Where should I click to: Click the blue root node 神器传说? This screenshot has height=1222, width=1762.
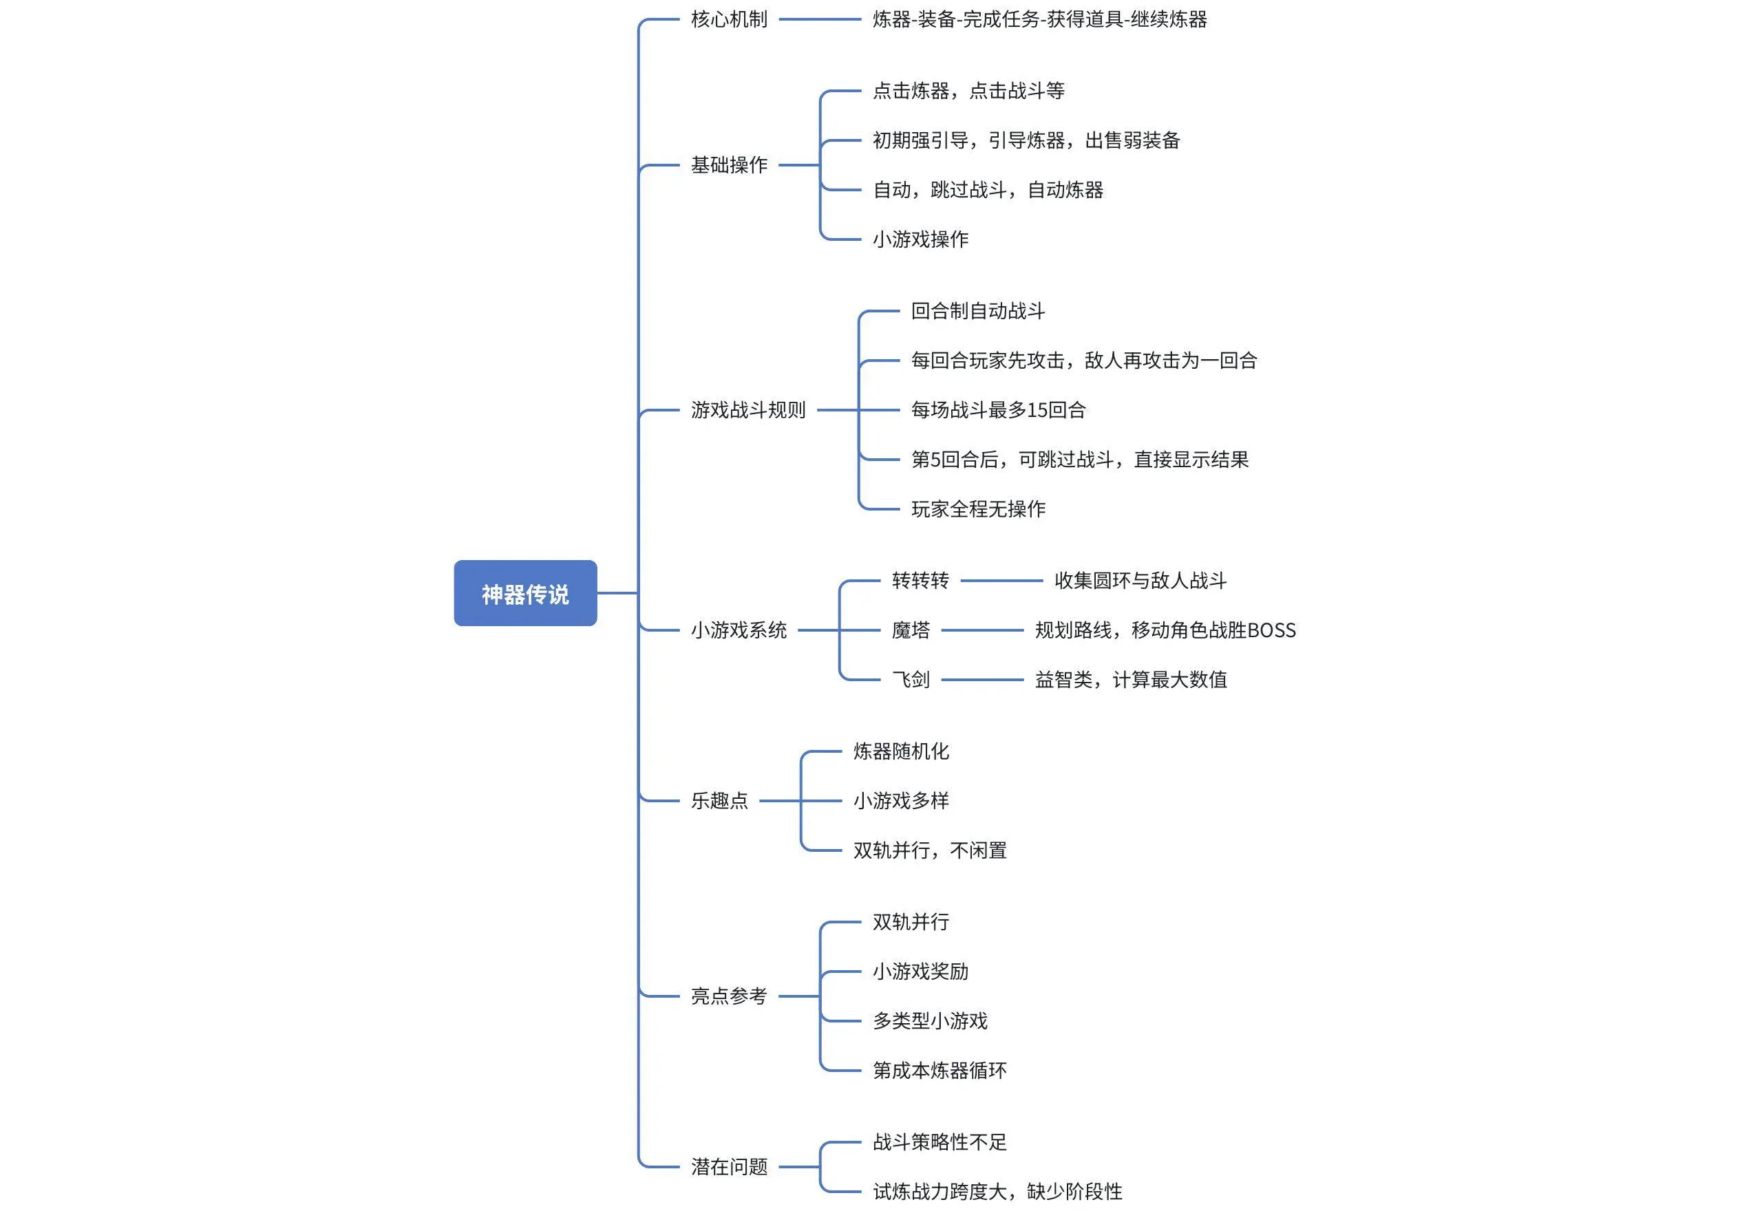[525, 593]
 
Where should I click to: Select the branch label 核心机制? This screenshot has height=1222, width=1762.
[729, 19]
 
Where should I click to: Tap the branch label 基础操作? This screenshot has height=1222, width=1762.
[729, 164]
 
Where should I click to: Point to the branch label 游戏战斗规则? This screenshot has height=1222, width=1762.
[748, 410]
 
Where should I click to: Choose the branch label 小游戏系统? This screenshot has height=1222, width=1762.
[739, 630]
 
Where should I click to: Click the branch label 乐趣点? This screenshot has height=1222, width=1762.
[720, 801]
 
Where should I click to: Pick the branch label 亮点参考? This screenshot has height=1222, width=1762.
[729, 996]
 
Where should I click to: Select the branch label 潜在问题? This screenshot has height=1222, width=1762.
[729, 1167]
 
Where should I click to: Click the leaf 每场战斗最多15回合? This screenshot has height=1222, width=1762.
[999, 410]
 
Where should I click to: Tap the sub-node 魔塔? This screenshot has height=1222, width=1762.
[911, 630]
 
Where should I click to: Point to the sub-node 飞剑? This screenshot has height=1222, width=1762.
[911, 679]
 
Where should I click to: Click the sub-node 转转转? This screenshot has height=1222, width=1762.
[920, 580]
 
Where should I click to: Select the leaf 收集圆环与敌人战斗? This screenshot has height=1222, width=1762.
[1140, 580]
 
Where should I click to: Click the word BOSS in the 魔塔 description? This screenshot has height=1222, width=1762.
[1271, 630]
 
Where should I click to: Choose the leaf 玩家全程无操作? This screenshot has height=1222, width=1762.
[979, 509]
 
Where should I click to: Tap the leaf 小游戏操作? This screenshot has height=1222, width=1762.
[920, 239]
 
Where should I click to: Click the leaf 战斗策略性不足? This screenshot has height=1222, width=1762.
[940, 1142]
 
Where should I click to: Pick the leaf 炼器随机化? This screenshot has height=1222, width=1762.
[901, 751]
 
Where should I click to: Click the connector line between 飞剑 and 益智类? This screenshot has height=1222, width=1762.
[982, 679]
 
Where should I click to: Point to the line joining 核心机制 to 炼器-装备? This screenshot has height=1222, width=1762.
[820, 19]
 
